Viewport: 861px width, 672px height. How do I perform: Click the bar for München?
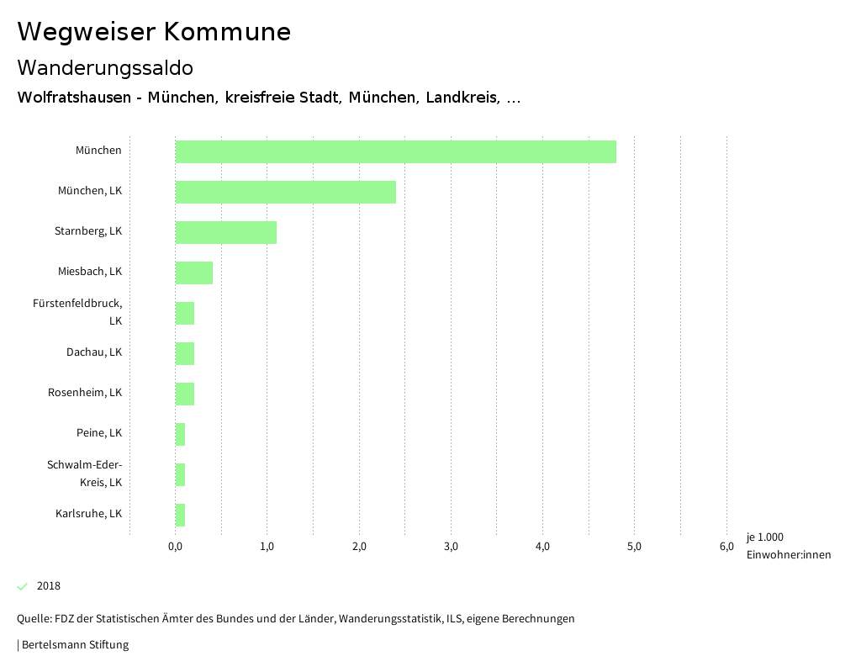pos(395,151)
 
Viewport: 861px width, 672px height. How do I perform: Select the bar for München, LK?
pos(285,192)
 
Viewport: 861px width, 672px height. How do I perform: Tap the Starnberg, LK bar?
pos(225,232)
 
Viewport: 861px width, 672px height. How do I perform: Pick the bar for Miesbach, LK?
pos(193,273)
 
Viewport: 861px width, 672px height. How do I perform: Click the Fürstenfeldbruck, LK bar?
pos(184,313)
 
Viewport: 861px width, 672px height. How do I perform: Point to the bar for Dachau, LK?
pos(184,353)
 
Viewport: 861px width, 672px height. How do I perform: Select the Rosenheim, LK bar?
pos(184,394)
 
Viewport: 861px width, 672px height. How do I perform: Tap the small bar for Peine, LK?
pos(180,434)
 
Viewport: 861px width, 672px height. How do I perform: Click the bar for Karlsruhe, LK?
pos(180,515)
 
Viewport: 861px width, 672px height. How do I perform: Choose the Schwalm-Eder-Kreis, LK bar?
pos(180,474)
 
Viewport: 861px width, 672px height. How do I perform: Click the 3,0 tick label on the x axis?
pos(451,548)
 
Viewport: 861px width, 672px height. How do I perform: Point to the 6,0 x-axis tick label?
pos(726,548)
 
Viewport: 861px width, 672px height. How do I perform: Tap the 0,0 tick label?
pos(176,548)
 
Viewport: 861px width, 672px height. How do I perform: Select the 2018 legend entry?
pos(48,586)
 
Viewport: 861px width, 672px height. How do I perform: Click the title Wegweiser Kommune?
pos(154,32)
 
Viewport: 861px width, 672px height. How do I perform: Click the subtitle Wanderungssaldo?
pos(105,67)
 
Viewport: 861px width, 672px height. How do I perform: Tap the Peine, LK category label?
pos(98,433)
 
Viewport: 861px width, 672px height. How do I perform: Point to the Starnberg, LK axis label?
pos(87,231)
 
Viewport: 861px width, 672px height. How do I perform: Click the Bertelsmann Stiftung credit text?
pos(74,645)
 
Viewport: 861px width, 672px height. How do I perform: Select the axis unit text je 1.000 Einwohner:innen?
pos(788,546)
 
